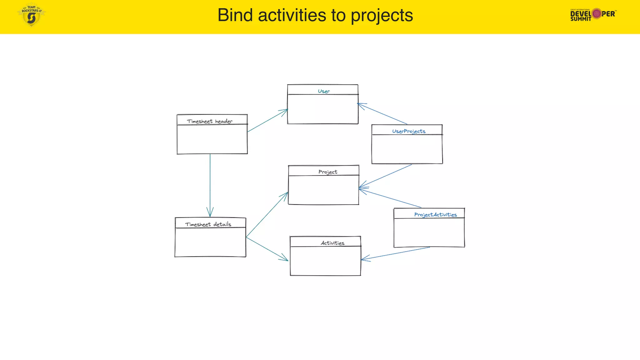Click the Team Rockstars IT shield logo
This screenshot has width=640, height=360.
coord(31,15)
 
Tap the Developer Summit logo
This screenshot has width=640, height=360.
coord(593,14)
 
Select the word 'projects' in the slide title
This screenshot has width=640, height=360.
coord(382,16)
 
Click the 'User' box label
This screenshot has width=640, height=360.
coord(324,91)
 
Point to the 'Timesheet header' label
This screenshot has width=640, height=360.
coord(210,121)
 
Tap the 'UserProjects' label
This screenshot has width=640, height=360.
coord(409,131)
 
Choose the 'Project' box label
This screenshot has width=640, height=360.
coord(327,172)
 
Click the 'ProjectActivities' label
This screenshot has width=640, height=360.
coord(435,215)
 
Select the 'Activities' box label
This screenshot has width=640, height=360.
coord(332,243)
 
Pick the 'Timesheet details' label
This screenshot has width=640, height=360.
coord(208,224)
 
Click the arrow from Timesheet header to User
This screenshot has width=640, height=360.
coord(267,121)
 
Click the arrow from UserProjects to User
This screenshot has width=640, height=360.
coord(382,114)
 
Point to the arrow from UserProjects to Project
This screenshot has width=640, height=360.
coord(386,176)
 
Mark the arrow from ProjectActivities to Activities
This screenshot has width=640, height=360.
coord(396,253)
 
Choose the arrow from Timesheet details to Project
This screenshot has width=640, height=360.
coord(267,215)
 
